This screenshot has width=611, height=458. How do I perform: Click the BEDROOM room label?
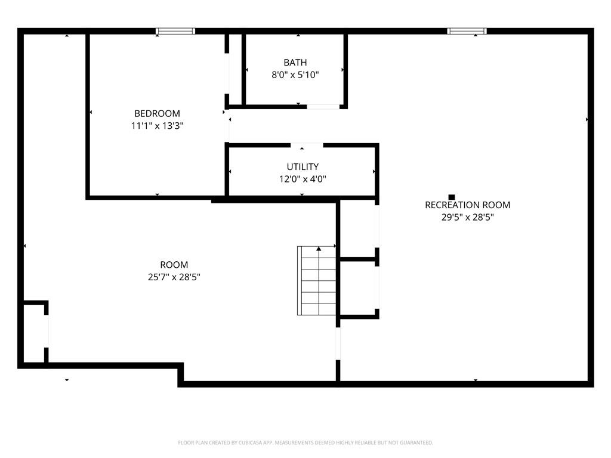coord(157,113)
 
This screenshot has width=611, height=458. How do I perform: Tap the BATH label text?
coord(295,62)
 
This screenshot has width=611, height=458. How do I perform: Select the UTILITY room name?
coord(303,167)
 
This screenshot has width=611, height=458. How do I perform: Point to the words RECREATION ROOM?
coord(467,205)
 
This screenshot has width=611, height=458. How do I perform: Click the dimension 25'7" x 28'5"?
coord(174,277)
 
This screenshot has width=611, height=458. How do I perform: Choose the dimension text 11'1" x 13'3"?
coord(157,126)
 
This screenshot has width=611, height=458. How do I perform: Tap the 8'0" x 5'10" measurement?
coord(295,75)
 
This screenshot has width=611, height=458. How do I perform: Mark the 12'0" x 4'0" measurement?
coord(303,179)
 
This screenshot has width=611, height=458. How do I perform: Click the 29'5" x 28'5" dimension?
coord(467,217)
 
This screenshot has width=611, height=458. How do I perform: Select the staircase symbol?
coord(316,280)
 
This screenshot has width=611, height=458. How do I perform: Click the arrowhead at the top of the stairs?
coord(319,249)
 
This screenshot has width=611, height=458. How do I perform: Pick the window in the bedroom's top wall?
coord(175,31)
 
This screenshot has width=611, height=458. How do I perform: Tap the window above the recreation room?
coord(467,31)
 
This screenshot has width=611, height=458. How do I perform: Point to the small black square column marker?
coord(452,197)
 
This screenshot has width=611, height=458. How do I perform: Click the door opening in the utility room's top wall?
coord(307,146)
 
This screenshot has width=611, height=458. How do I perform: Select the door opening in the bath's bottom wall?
coord(323,106)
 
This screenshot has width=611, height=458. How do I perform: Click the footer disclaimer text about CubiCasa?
coord(305,442)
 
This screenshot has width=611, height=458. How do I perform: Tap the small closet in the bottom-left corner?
coord(35,333)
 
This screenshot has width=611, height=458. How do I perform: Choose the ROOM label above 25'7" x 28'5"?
coord(174,265)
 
